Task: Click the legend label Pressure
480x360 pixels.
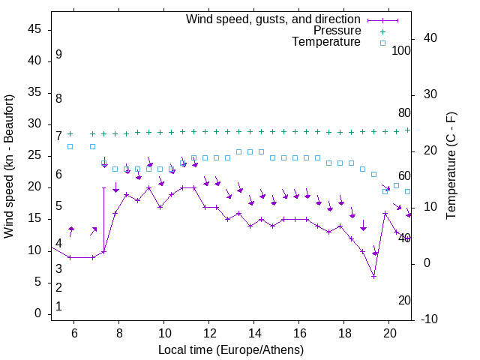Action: (337, 31)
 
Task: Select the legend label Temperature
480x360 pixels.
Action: (326, 42)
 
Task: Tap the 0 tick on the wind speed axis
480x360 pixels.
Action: (38, 313)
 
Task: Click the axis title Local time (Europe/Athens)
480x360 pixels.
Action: (231, 349)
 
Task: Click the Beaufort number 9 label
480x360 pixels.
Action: (58, 55)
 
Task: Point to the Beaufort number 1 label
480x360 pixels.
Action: (58, 307)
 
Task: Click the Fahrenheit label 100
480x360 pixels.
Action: (402, 50)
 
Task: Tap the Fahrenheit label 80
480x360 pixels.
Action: (404, 112)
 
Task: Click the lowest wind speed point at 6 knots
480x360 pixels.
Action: (373, 276)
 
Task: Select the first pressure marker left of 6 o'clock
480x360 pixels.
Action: (70, 133)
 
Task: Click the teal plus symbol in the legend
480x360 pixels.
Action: (382, 31)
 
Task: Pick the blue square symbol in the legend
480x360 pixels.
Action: (382, 43)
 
